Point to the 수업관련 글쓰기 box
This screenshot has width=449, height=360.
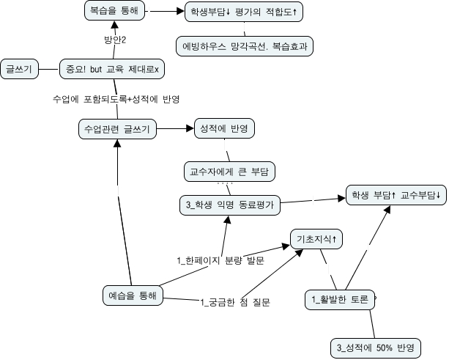[117, 129]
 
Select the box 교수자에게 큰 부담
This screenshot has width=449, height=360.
[229, 172]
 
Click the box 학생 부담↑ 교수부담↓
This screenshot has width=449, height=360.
[394, 196]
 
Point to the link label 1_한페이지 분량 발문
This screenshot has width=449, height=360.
[220, 260]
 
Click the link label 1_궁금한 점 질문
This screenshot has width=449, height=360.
[234, 302]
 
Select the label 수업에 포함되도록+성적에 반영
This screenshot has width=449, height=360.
[117, 98]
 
